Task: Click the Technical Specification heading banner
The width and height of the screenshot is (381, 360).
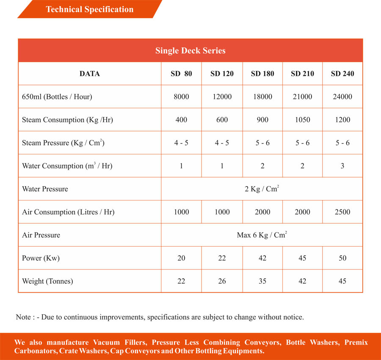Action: click(89, 9)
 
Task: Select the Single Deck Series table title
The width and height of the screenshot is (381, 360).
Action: click(190, 50)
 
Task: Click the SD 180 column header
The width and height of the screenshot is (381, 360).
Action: click(262, 74)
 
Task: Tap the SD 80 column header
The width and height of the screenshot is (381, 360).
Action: click(181, 74)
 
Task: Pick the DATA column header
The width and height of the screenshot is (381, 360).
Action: click(90, 74)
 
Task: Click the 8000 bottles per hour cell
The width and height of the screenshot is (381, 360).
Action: click(181, 96)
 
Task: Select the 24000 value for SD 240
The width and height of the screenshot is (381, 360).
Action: click(342, 96)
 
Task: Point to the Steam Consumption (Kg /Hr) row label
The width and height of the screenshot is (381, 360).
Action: click(67, 120)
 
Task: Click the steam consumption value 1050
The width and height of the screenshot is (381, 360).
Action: click(302, 120)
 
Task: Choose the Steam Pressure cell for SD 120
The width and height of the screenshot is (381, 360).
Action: click(222, 143)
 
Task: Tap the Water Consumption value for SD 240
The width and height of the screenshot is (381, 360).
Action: click(342, 166)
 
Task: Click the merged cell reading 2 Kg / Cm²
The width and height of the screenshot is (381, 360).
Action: click(262, 189)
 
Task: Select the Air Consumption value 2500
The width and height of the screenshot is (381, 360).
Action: click(342, 212)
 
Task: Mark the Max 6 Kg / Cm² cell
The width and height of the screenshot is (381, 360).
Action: click(262, 235)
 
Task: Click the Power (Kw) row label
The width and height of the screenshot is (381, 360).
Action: click(38, 258)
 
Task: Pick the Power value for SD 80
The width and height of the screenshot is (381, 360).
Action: click(181, 258)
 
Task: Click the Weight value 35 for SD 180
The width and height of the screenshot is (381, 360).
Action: click(262, 281)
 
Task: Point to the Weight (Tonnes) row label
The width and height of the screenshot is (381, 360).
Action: click(47, 281)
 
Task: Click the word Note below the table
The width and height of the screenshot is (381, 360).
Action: click(23, 317)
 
